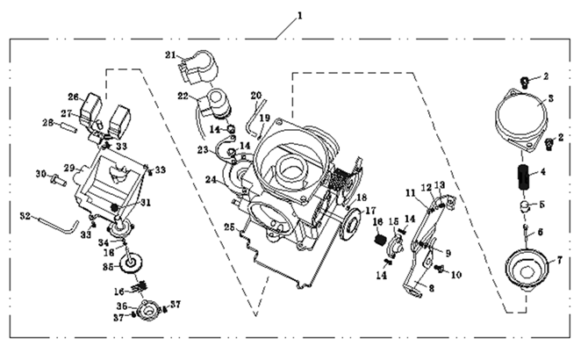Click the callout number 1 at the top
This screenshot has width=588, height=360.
click(x=299, y=15)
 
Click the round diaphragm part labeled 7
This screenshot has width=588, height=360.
click(x=525, y=267)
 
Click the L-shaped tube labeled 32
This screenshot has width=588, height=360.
click(x=60, y=224)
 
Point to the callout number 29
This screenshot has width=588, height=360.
click(x=68, y=167)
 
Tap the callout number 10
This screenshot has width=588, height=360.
click(x=455, y=275)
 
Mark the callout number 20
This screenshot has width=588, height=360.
click(x=256, y=95)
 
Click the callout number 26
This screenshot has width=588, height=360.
click(x=73, y=97)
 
